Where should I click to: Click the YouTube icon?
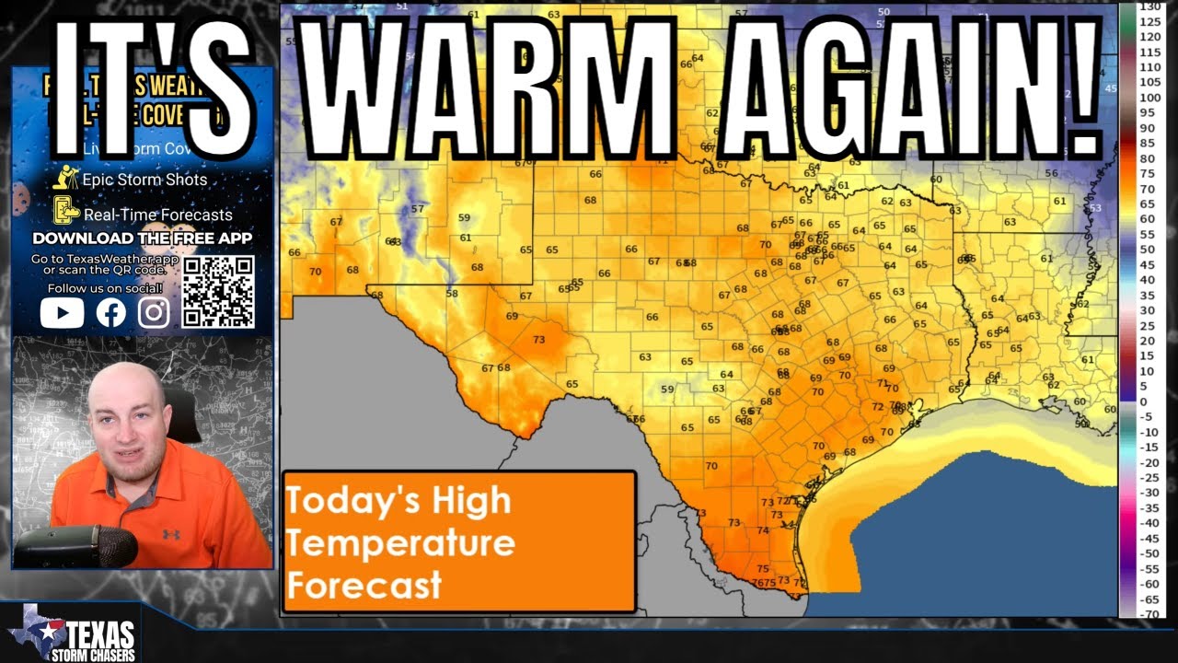[x=62, y=313]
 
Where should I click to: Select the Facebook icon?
[x=110, y=313]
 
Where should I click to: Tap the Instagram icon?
[x=154, y=313]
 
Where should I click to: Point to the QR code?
[x=218, y=292]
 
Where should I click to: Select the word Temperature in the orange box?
[x=399, y=542]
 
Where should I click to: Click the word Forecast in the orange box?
[x=364, y=585]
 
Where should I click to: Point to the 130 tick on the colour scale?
[x=1150, y=6]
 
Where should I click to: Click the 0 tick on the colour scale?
[x=1144, y=401]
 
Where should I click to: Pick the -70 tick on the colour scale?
[x=1150, y=614]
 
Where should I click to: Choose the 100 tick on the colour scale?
[x=1150, y=98]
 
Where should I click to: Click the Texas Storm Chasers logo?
[x=74, y=635]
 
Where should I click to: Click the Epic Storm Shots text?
[x=144, y=180]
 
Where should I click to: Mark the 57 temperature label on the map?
[x=418, y=209]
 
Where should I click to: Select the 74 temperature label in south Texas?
[x=762, y=530]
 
